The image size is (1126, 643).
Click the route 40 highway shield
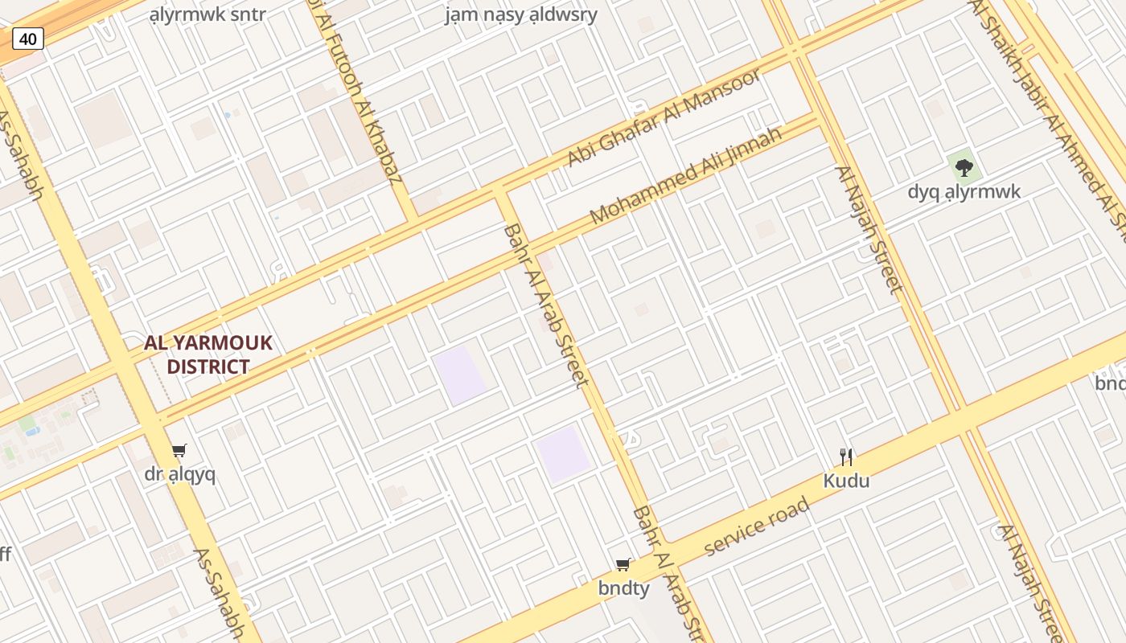(x=28, y=38)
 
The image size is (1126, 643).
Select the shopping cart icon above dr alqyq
(x=179, y=451)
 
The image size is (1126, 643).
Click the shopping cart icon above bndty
(x=623, y=565)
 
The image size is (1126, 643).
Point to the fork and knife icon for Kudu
(x=846, y=457)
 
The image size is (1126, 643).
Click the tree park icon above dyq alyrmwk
(x=964, y=168)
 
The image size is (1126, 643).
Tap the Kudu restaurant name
(x=846, y=481)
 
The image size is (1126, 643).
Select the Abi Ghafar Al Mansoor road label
(x=664, y=118)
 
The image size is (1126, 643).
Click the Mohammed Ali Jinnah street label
(x=686, y=175)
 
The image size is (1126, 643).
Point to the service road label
(x=756, y=526)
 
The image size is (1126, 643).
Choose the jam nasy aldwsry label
(x=521, y=14)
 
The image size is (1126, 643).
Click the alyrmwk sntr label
(x=208, y=14)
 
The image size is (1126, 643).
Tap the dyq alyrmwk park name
(x=964, y=191)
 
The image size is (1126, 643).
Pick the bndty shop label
(x=623, y=588)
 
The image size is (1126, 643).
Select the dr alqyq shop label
(x=180, y=474)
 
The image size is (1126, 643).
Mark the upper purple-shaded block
(x=460, y=375)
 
